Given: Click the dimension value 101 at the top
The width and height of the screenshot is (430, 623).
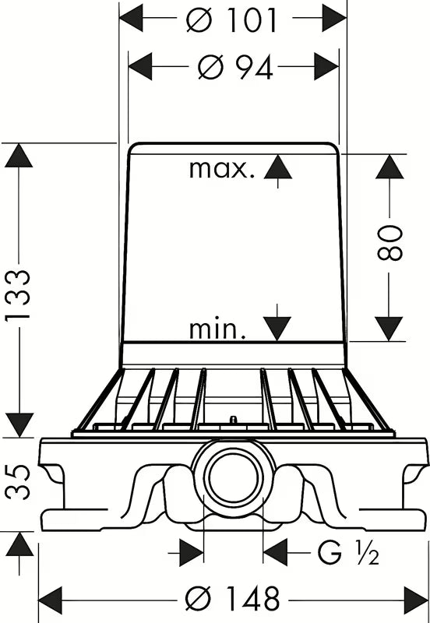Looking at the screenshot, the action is pyautogui.click(x=252, y=20).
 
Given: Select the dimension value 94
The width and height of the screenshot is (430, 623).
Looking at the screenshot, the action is pyautogui.click(x=254, y=68).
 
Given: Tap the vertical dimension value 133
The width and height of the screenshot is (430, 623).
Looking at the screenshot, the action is pyautogui.click(x=18, y=294).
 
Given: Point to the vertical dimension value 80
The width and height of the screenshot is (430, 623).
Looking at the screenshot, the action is pyautogui.click(x=390, y=242).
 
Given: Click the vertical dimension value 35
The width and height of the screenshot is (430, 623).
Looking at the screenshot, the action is pyautogui.click(x=18, y=482).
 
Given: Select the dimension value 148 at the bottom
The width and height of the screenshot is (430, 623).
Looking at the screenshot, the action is pyautogui.click(x=252, y=599).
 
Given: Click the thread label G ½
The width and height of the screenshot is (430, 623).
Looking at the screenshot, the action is pyautogui.click(x=348, y=553).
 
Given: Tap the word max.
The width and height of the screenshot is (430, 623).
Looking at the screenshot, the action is pyautogui.click(x=221, y=170).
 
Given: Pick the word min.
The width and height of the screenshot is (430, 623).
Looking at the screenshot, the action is pyautogui.click(x=217, y=329).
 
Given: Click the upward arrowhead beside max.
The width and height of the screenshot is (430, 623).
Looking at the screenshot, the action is pyautogui.click(x=278, y=167).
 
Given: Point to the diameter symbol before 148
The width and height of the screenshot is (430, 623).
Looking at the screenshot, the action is pyautogui.click(x=199, y=599).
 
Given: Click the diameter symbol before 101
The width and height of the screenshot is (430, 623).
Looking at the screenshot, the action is pyautogui.click(x=199, y=20).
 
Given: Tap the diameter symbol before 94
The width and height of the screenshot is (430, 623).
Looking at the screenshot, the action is pyautogui.click(x=211, y=67).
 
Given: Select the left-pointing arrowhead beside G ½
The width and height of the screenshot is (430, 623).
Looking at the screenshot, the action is pyautogui.click(x=275, y=552).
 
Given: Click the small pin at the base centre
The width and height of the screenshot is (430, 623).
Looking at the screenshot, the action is pyautogui.click(x=233, y=420).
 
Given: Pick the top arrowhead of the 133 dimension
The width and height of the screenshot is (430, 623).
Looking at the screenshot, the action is pyautogui.click(x=18, y=155).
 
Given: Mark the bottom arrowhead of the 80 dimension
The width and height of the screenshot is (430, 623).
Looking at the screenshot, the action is pyautogui.click(x=389, y=329).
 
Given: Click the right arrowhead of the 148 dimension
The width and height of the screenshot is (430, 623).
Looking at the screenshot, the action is pyautogui.click(x=416, y=600).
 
